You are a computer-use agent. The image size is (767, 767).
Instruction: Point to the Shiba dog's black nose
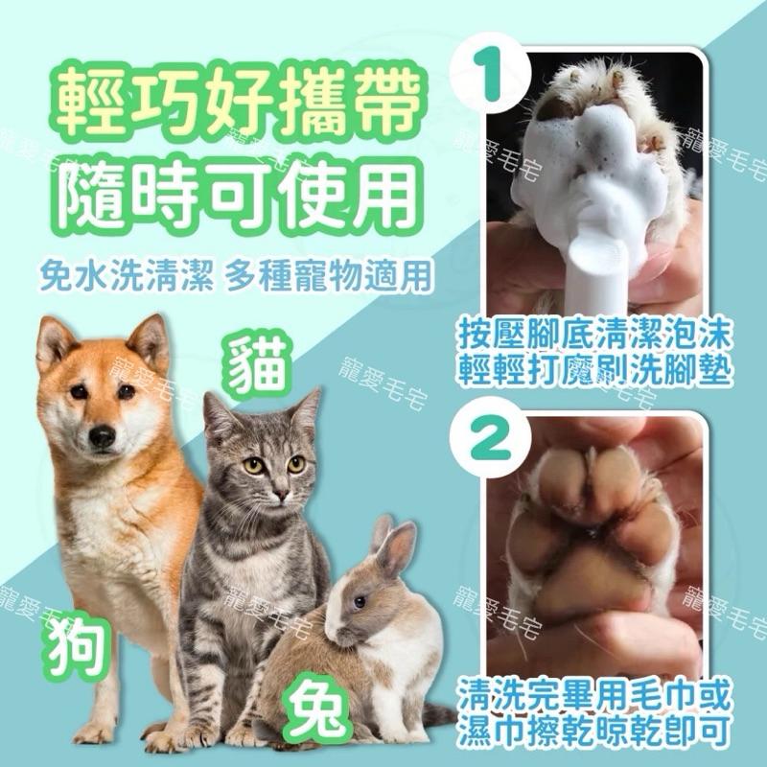pyautogui.click(x=102, y=436)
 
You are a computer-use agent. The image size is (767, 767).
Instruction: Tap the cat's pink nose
pyautogui.click(x=278, y=493)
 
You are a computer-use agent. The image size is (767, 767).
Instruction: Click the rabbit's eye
pyautogui.click(x=358, y=601)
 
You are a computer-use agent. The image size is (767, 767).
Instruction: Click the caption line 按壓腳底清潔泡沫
pyautogui.click(x=594, y=335)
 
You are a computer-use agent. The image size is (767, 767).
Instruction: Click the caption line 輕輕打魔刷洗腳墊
pyautogui.click(x=594, y=370)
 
